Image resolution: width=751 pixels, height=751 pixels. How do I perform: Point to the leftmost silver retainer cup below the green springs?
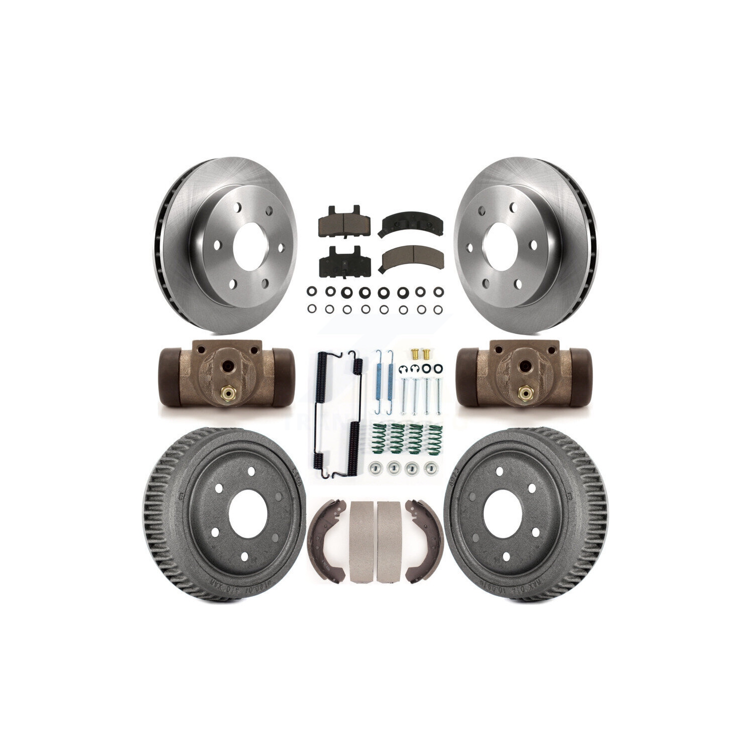[x=372, y=468]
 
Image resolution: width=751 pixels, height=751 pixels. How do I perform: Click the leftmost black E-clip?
[x=404, y=369]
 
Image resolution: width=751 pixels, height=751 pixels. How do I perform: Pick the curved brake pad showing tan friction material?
[x=403, y=259]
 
